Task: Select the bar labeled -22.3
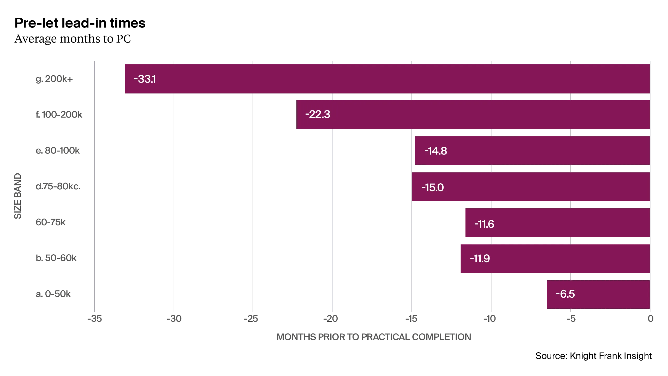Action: point(473,114)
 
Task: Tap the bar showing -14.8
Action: point(532,151)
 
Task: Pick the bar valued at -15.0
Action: point(531,187)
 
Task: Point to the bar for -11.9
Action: point(554,258)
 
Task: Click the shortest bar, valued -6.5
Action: point(597,294)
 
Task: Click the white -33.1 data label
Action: point(145,79)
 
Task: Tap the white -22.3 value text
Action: point(318,114)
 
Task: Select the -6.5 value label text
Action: point(565,294)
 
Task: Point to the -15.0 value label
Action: point(432,187)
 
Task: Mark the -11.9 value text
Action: point(480,258)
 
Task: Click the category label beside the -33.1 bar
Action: point(54,79)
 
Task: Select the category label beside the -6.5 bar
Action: point(53,295)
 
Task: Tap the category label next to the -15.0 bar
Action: point(58,187)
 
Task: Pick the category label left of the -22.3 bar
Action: point(59,115)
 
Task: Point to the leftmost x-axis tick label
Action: point(94,319)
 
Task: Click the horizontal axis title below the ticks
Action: point(373,337)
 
